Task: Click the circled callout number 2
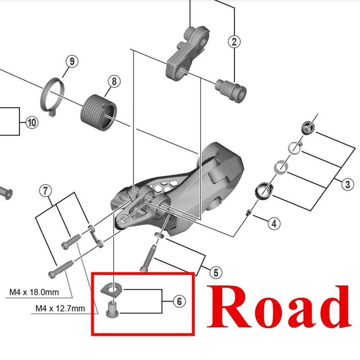point(234,42)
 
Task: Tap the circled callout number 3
point(347,185)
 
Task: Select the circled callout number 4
point(274,224)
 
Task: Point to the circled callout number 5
point(215,273)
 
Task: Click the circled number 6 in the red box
point(179,301)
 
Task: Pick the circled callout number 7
point(45,191)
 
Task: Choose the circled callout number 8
point(114,82)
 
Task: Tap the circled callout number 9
point(72,62)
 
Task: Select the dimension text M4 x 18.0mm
point(34,292)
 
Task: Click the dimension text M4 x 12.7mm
point(60,309)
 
